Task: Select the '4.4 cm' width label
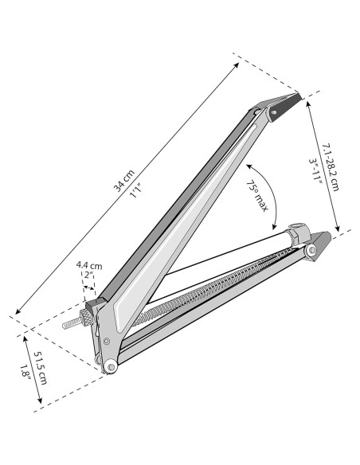pos(89,265)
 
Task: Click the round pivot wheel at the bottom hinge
pos(109,365)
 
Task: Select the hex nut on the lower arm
pos(296,236)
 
